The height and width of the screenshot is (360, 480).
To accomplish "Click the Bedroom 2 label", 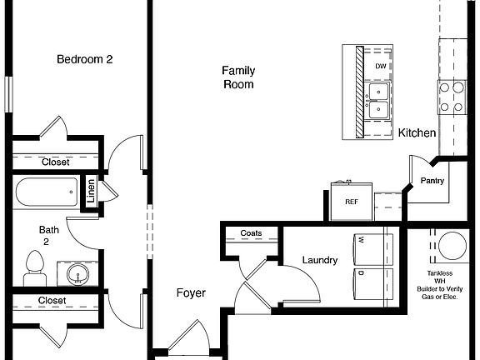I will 84,59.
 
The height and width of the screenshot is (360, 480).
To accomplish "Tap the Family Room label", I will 237,77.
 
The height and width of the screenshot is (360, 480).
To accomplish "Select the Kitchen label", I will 417,133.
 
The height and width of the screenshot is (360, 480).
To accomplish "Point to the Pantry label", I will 432,181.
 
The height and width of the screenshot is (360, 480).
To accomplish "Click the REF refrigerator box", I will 351,201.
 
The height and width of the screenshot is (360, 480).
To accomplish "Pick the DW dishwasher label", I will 380,66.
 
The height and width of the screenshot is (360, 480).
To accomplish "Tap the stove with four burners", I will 452,96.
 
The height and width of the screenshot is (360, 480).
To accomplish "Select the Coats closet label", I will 251,233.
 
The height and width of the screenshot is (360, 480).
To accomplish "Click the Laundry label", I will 320,261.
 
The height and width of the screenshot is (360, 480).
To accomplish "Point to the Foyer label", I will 191,293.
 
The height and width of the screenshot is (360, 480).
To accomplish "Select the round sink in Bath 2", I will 78,273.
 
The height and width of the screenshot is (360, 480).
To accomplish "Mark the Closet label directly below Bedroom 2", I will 56,162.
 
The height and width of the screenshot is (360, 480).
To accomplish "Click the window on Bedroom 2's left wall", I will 7,92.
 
